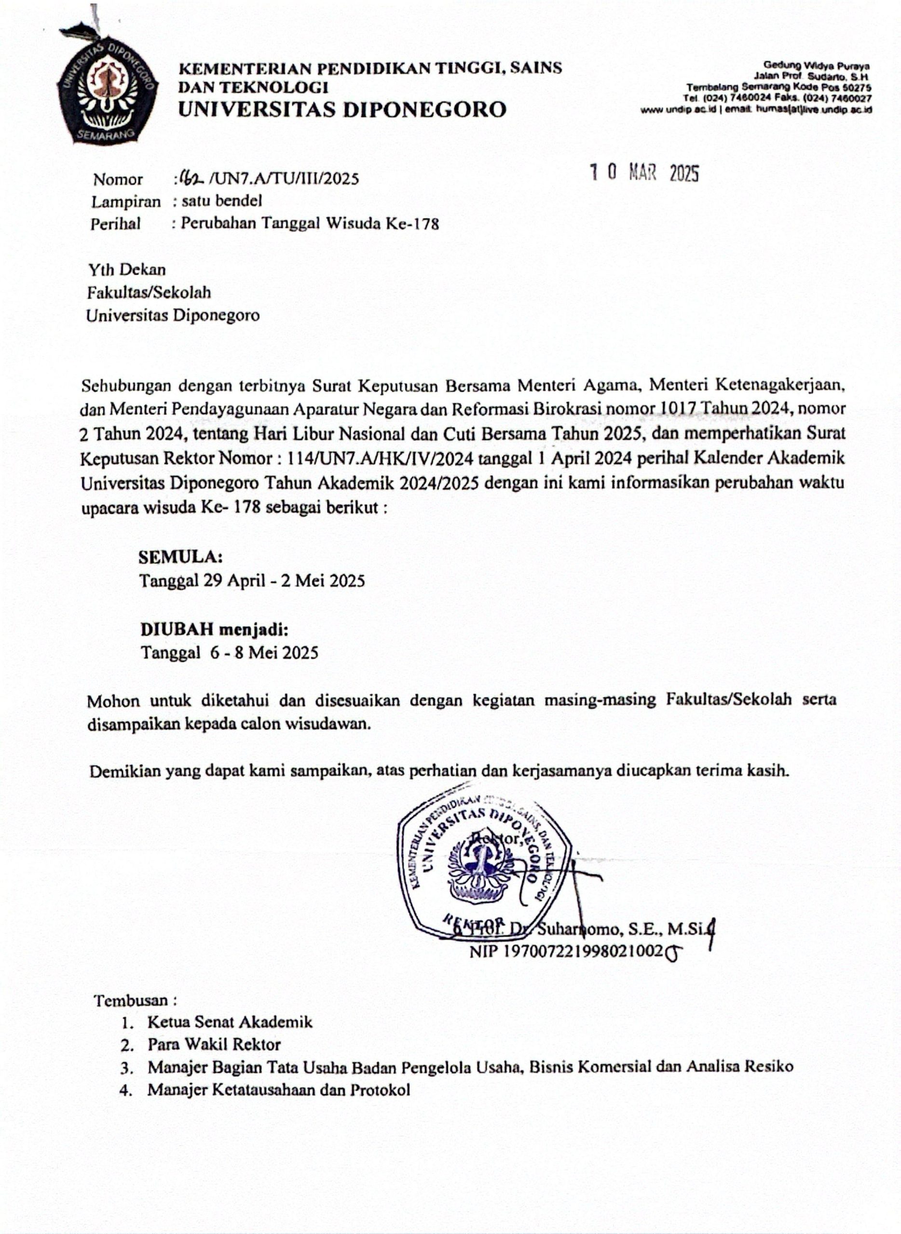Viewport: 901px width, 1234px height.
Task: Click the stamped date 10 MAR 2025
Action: [645, 174]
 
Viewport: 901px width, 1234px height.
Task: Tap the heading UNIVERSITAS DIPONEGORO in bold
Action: [342, 109]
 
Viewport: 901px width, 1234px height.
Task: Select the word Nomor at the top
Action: [118, 179]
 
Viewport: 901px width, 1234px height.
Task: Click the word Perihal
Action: [116, 224]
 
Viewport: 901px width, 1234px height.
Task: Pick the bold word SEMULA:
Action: [180, 557]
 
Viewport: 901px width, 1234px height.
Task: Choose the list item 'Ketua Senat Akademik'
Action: [230, 1022]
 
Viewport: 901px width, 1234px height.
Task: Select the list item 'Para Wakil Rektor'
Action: [214, 1045]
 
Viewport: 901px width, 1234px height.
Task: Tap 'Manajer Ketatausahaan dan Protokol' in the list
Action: [278, 1089]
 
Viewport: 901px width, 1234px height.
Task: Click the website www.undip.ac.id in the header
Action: [678, 109]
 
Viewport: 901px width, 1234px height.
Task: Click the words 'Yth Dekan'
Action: [127, 270]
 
